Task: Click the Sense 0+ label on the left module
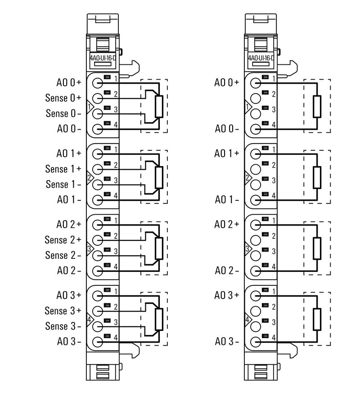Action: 63,98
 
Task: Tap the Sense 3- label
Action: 63,326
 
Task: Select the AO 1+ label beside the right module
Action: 226,153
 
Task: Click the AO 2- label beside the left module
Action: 69,271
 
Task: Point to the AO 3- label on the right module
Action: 226,341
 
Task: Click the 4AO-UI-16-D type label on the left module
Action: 103,58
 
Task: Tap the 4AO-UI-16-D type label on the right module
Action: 261,58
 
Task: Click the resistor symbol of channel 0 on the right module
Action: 317,107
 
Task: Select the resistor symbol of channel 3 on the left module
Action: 158,320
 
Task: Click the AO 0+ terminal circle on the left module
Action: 98,83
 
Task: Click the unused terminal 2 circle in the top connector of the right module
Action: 256,98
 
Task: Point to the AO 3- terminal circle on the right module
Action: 256,341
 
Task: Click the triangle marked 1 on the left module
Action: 90,107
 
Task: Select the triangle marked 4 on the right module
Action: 247,320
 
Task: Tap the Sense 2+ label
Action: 63,239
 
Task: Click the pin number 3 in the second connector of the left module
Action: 116,180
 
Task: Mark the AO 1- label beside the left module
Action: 69,199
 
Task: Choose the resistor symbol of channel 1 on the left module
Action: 158,177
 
